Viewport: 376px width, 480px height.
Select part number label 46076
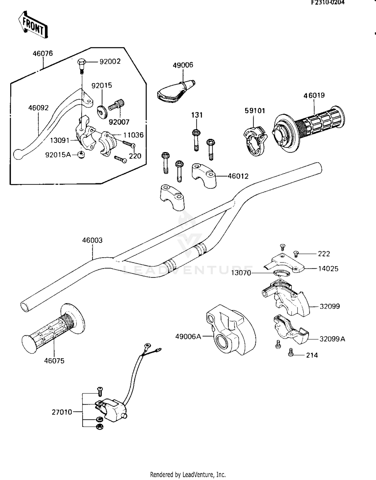pyautogui.click(x=43, y=53)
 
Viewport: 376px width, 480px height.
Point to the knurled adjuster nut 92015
pyautogui.click(x=102, y=112)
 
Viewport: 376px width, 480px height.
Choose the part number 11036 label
pyautogui.click(x=133, y=135)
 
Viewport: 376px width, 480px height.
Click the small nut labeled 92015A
pyautogui.click(x=81, y=155)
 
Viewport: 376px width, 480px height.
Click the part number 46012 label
pyautogui.click(x=238, y=176)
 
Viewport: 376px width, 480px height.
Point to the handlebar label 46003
pyautogui.click(x=92, y=240)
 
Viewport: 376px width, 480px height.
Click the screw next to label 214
pyautogui.click(x=291, y=352)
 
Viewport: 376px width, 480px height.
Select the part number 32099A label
pyautogui.click(x=332, y=339)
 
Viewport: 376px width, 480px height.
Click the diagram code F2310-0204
pyautogui.click(x=328, y=3)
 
